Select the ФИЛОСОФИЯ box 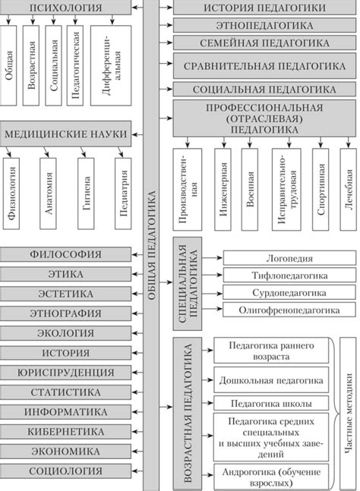tap(67, 254)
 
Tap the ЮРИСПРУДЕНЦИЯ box tap(67, 373)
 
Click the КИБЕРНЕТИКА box tap(67, 431)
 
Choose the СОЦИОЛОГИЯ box tap(67, 471)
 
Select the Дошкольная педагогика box tap(271, 379)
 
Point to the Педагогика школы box tap(271, 403)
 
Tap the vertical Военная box tap(250, 189)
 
